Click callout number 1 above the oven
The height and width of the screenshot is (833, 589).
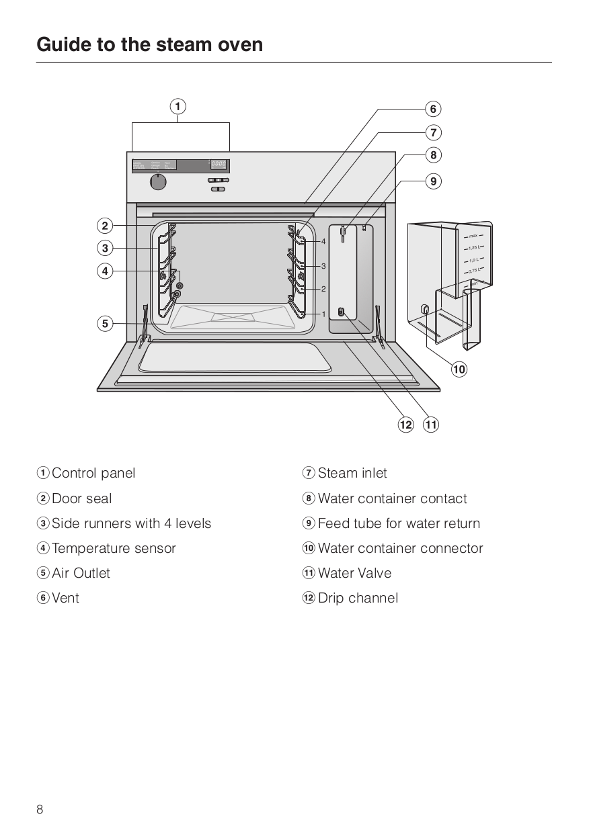point(178,107)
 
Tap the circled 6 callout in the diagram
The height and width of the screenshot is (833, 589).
point(433,109)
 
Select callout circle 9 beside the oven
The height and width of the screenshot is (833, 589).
point(433,181)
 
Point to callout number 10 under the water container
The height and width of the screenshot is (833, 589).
point(459,369)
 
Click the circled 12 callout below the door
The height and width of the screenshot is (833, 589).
point(405,425)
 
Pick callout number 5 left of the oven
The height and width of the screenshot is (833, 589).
point(105,324)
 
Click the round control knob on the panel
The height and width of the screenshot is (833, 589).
point(158,181)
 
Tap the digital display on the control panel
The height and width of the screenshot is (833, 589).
point(219,165)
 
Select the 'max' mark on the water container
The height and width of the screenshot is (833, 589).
point(473,236)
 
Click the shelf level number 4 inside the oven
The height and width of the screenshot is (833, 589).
point(323,241)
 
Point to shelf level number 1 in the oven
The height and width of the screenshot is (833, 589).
point(323,314)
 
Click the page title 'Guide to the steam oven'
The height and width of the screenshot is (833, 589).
point(150,45)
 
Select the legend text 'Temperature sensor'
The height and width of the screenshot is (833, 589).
point(114,548)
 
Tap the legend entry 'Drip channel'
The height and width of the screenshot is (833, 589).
point(358,598)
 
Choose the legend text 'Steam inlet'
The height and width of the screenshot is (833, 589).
point(352,473)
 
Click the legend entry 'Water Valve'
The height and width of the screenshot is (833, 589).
point(354,573)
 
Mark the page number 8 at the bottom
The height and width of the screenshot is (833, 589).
point(40,809)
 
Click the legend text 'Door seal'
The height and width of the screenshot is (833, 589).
point(82,498)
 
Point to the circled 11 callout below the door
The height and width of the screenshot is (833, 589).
point(430,425)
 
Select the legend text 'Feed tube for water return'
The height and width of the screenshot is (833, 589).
point(399,523)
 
